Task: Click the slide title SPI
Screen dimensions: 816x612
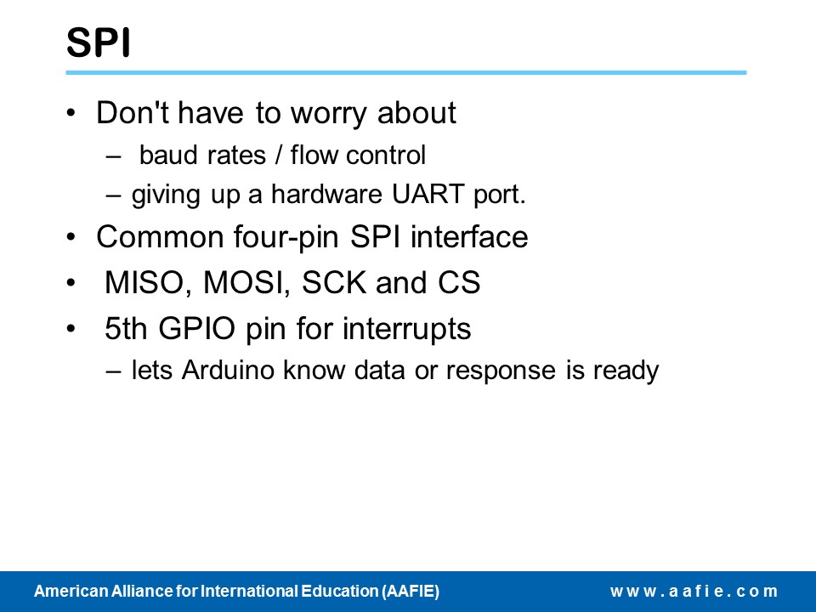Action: (99, 42)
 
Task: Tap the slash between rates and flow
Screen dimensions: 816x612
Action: (279, 156)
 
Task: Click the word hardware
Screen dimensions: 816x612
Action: (326, 194)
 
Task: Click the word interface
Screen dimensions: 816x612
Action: (469, 237)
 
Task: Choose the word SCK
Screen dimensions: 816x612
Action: (333, 282)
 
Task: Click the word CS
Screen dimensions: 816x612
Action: (459, 282)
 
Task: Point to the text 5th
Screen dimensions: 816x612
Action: (126, 328)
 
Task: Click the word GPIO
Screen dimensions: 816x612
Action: (196, 328)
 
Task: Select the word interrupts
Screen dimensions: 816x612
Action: (406, 330)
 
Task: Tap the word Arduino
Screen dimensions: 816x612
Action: (228, 370)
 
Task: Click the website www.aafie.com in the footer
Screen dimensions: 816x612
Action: (694, 592)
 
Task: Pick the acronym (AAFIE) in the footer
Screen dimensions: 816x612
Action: (411, 592)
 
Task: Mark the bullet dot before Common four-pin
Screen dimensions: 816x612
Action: (71, 237)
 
